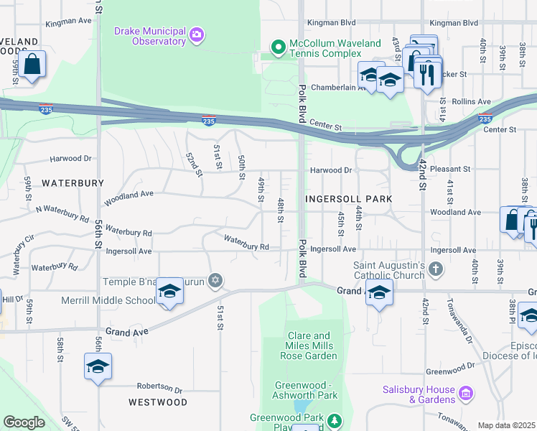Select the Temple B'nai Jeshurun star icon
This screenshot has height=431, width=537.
click(214, 279)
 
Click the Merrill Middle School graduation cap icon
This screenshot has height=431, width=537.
click(169, 292)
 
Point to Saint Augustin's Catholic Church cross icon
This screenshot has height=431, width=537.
click(435, 269)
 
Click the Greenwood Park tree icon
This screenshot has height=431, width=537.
click(333, 420)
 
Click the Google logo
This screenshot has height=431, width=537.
click(24, 422)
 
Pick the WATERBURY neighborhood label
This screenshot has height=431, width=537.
click(73, 183)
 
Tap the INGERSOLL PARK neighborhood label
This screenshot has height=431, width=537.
click(349, 198)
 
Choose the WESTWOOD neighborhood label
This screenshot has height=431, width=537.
click(158, 402)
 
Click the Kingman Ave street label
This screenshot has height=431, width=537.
click(69, 22)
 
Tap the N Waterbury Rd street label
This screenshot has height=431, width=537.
click(62, 213)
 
